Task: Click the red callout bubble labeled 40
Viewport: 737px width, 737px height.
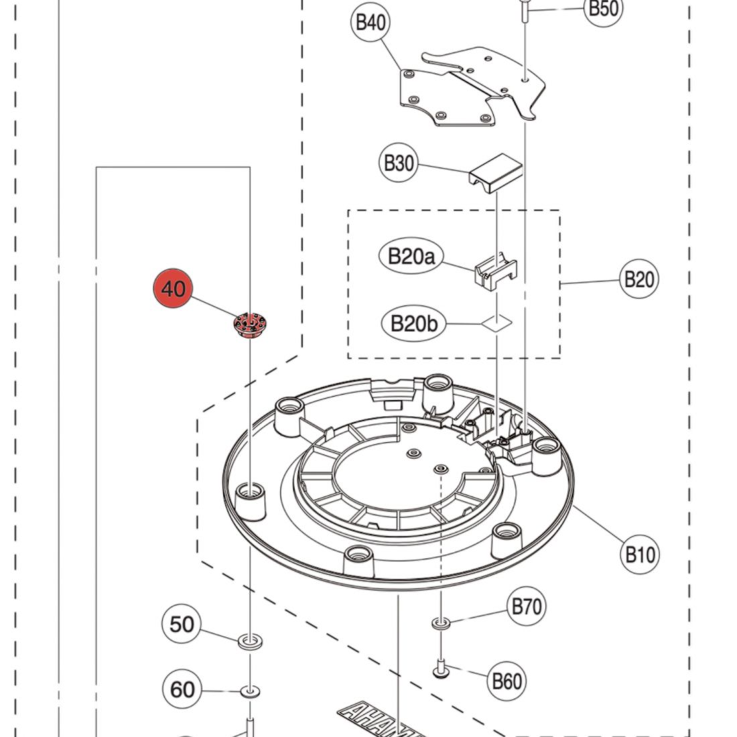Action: [173, 289]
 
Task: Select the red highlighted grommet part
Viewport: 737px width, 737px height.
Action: [248, 326]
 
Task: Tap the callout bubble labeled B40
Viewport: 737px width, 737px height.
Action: [370, 23]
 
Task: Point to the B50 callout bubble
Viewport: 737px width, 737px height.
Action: [603, 9]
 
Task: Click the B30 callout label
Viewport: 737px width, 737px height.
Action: [399, 163]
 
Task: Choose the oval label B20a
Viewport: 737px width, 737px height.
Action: [411, 256]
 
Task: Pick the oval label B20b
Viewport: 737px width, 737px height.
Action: [413, 324]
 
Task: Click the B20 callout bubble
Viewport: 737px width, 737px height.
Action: [639, 279]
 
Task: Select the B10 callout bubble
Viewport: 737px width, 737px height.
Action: [640, 555]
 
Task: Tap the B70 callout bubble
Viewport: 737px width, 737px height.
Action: [527, 607]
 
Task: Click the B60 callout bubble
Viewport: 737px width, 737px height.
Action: [507, 681]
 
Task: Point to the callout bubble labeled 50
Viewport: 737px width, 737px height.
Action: [182, 624]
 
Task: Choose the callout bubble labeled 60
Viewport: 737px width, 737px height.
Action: [182, 689]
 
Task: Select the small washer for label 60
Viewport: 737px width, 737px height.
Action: [251, 690]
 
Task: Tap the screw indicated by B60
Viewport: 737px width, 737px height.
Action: [441, 667]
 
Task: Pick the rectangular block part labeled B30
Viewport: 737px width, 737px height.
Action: [495, 171]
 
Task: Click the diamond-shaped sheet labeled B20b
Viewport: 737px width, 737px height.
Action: [496, 324]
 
